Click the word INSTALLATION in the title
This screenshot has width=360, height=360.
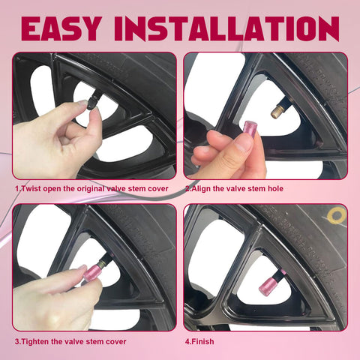click(226, 28)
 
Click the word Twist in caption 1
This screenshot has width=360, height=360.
click(31, 188)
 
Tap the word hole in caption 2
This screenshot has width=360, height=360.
click(275, 188)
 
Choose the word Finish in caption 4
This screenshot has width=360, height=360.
click(203, 341)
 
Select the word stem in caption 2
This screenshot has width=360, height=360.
click(257, 188)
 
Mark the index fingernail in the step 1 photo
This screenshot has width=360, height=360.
click(82, 103)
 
